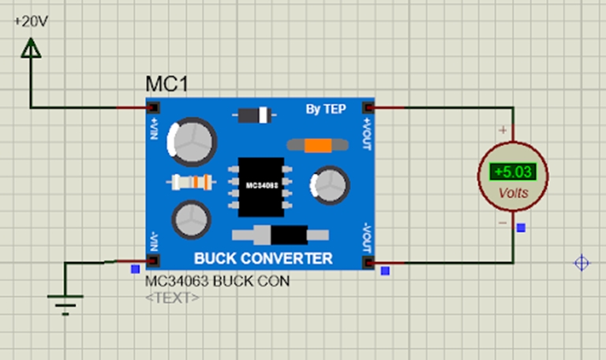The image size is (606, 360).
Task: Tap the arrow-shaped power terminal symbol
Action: [31, 49]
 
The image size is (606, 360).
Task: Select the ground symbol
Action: [65, 302]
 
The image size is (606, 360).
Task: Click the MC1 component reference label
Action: [166, 84]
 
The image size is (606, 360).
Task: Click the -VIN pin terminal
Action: [152, 261]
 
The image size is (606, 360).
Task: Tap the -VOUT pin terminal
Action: [367, 261]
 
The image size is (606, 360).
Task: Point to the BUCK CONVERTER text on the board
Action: [263, 259]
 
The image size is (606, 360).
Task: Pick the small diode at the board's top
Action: [253, 116]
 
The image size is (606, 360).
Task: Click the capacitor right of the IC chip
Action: [329, 185]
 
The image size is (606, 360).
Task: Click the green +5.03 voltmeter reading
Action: [511, 171]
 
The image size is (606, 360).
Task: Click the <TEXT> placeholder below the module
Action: [172, 298]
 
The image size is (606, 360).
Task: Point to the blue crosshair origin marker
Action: [582, 264]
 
